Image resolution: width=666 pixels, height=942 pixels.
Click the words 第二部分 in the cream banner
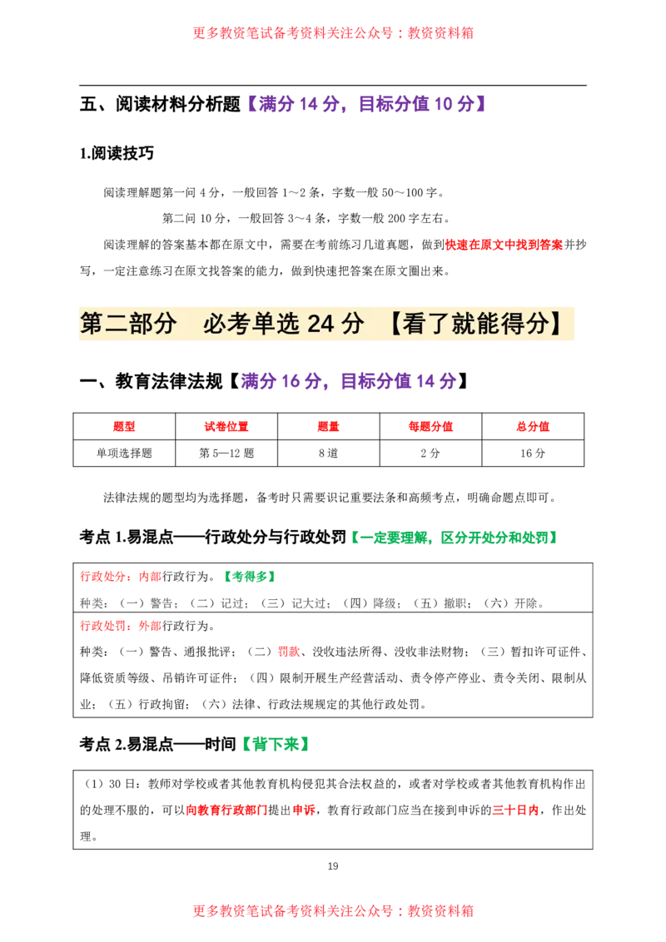(x=128, y=325)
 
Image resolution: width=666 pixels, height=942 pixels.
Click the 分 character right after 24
(x=353, y=325)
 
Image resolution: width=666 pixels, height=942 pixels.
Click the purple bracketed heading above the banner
(x=366, y=104)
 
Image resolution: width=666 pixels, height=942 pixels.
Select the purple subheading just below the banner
(x=349, y=382)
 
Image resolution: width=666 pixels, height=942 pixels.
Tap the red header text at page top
(x=333, y=33)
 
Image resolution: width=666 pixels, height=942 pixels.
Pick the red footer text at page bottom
(x=333, y=910)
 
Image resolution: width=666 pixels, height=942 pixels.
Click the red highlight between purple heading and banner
(x=504, y=245)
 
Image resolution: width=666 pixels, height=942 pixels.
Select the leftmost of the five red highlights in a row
(x=124, y=427)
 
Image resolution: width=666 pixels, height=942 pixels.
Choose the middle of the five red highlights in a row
(x=327, y=427)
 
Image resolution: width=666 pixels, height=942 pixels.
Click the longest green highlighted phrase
(x=498, y=538)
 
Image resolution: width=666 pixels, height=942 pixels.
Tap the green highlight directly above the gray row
(x=250, y=576)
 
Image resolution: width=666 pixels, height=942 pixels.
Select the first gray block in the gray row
(x=95, y=602)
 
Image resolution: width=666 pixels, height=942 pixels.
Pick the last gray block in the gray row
(x=528, y=602)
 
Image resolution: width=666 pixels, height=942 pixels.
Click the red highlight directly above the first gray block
(x=120, y=576)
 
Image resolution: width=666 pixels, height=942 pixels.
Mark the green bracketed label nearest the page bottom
(x=276, y=743)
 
